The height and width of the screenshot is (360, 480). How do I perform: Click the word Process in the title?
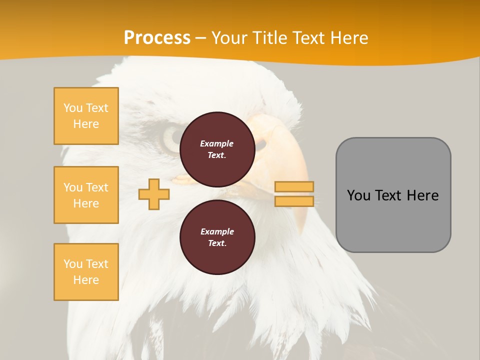tap(157, 38)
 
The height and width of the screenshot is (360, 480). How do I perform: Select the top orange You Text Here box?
tap(86, 116)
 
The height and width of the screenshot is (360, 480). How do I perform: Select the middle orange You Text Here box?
tap(86, 195)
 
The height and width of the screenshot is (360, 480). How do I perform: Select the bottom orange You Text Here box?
tap(86, 272)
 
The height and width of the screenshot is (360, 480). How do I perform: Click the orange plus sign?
tap(154, 194)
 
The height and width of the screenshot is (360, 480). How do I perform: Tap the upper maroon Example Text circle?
tap(217, 149)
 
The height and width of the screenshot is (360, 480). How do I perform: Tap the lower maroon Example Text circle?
tap(217, 237)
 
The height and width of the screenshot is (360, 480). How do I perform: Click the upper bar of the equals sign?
tap(294, 186)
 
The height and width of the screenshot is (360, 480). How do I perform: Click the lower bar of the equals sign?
tap(294, 201)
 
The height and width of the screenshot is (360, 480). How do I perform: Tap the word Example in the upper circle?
tap(217, 143)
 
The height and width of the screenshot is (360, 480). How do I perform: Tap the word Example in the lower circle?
tap(217, 231)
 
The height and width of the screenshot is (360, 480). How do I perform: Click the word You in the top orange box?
tap(73, 108)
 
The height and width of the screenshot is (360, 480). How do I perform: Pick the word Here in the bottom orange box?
tap(86, 280)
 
